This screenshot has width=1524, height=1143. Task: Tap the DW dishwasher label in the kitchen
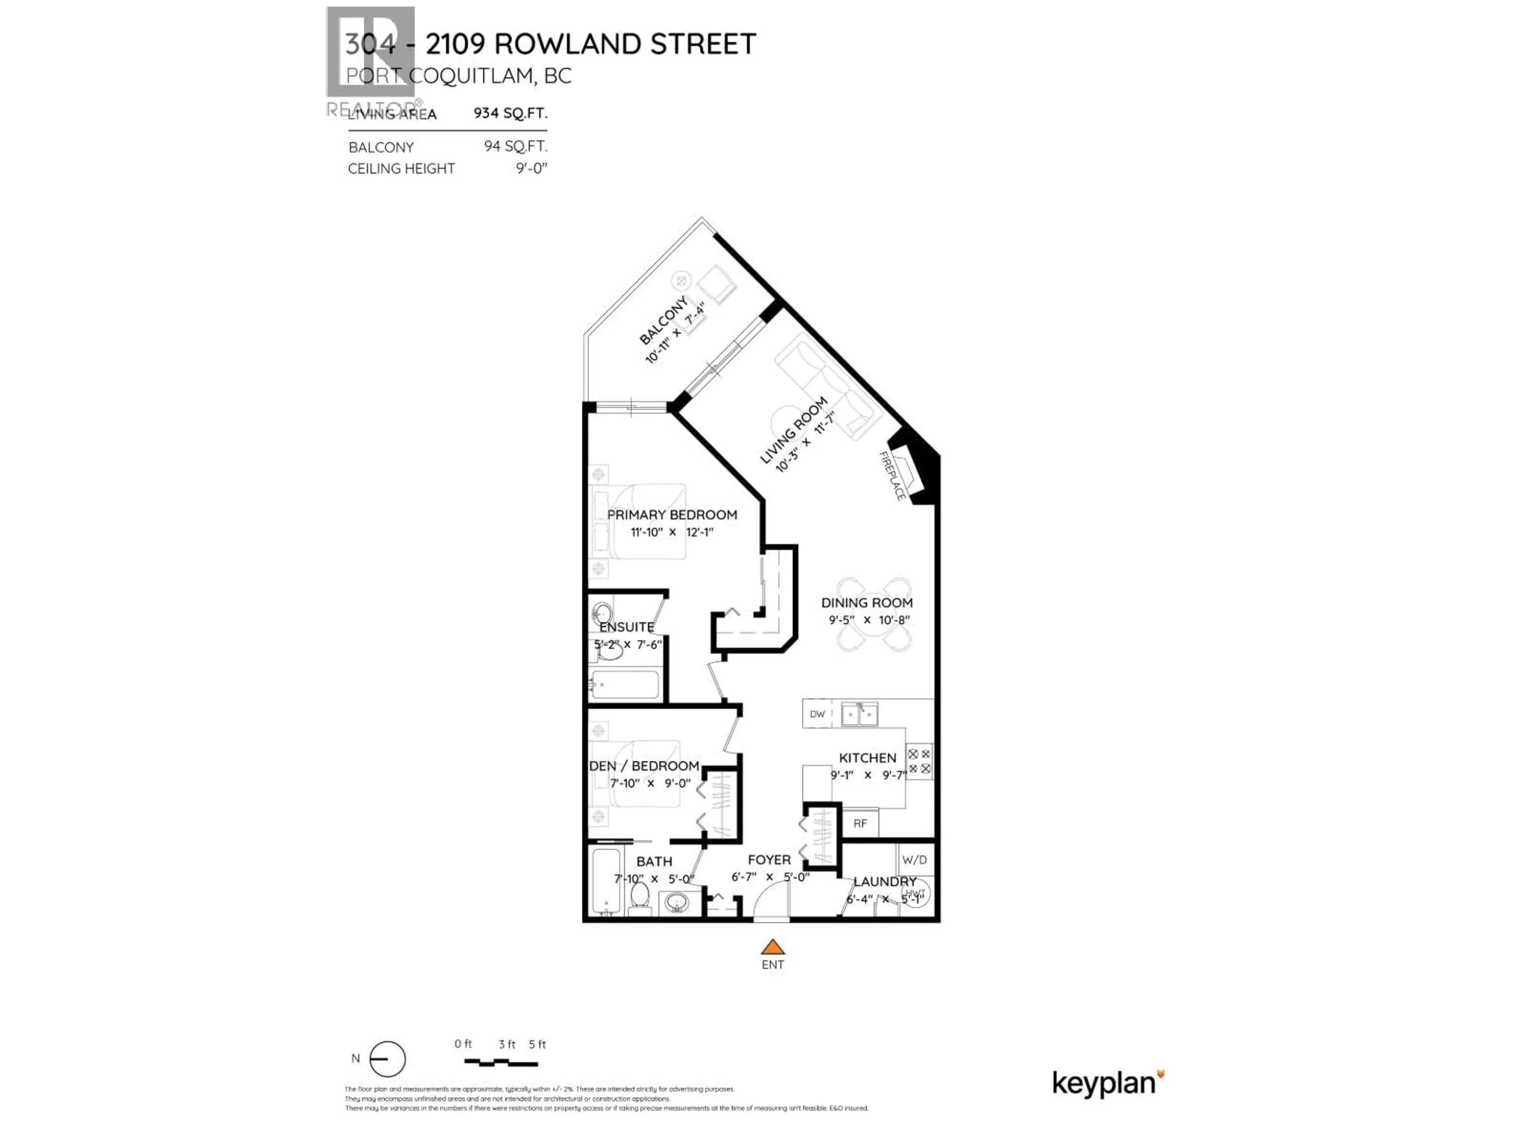point(817,714)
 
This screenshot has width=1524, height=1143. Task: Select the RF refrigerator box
point(860,824)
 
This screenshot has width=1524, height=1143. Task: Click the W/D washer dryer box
point(914,860)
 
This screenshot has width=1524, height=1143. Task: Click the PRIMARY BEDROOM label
point(672,515)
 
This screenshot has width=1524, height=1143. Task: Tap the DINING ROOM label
point(867,603)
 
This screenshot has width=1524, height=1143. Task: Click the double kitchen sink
point(859,714)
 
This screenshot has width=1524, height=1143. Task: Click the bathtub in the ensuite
point(625,685)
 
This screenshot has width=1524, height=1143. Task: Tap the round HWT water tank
point(915,894)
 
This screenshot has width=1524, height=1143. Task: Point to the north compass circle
point(387,1059)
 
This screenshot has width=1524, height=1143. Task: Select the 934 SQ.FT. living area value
point(510,113)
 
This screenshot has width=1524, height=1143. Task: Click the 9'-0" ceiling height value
point(531,168)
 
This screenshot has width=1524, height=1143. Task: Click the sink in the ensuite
point(602,612)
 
